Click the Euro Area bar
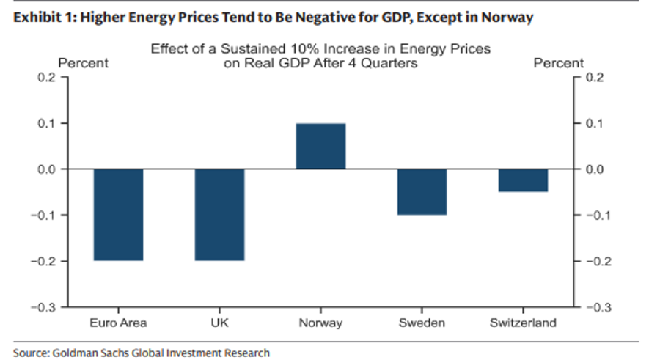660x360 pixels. click(x=118, y=215)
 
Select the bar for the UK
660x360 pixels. click(x=219, y=215)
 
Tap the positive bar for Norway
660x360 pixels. click(x=320, y=147)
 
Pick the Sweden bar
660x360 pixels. click(x=422, y=192)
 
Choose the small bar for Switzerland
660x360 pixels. click(x=523, y=180)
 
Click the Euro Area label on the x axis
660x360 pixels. click(x=118, y=323)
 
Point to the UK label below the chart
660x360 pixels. click(x=219, y=323)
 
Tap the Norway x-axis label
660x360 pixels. click(x=320, y=323)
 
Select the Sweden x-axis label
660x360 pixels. click(x=422, y=323)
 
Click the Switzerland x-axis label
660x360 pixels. click(x=523, y=323)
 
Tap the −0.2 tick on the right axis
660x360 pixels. click(x=596, y=261)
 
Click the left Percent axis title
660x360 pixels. click(x=83, y=63)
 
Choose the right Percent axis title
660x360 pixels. click(x=559, y=63)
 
